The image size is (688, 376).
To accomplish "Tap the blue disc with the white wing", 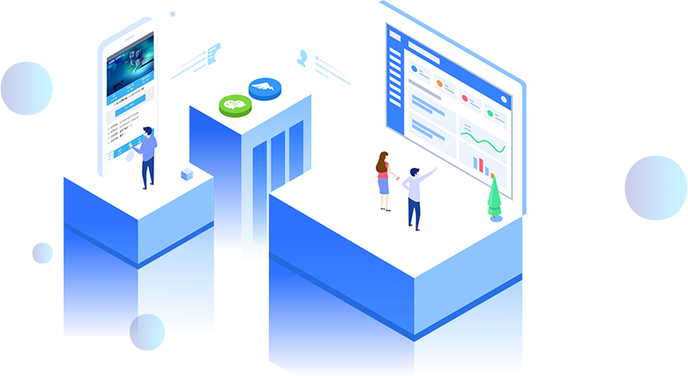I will pyautogui.click(x=265, y=88).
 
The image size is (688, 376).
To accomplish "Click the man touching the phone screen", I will pyautogui.click(x=146, y=156).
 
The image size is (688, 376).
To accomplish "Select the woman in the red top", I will pyautogui.click(x=384, y=179).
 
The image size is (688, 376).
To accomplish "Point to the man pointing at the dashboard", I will pyautogui.click(x=415, y=195).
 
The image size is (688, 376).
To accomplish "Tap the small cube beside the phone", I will pyautogui.click(x=187, y=174).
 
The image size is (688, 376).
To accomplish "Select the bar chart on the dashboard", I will pyautogui.click(x=482, y=165).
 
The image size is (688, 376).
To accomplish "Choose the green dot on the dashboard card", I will pyautogui.click(x=490, y=113).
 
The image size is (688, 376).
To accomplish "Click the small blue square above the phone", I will pyautogui.click(x=173, y=14).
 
